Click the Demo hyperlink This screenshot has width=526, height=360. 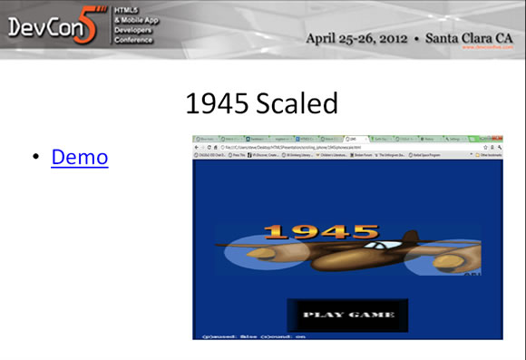tap(80, 157)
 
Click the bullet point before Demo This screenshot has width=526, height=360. tap(35, 158)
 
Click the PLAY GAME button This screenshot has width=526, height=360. tap(348, 315)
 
